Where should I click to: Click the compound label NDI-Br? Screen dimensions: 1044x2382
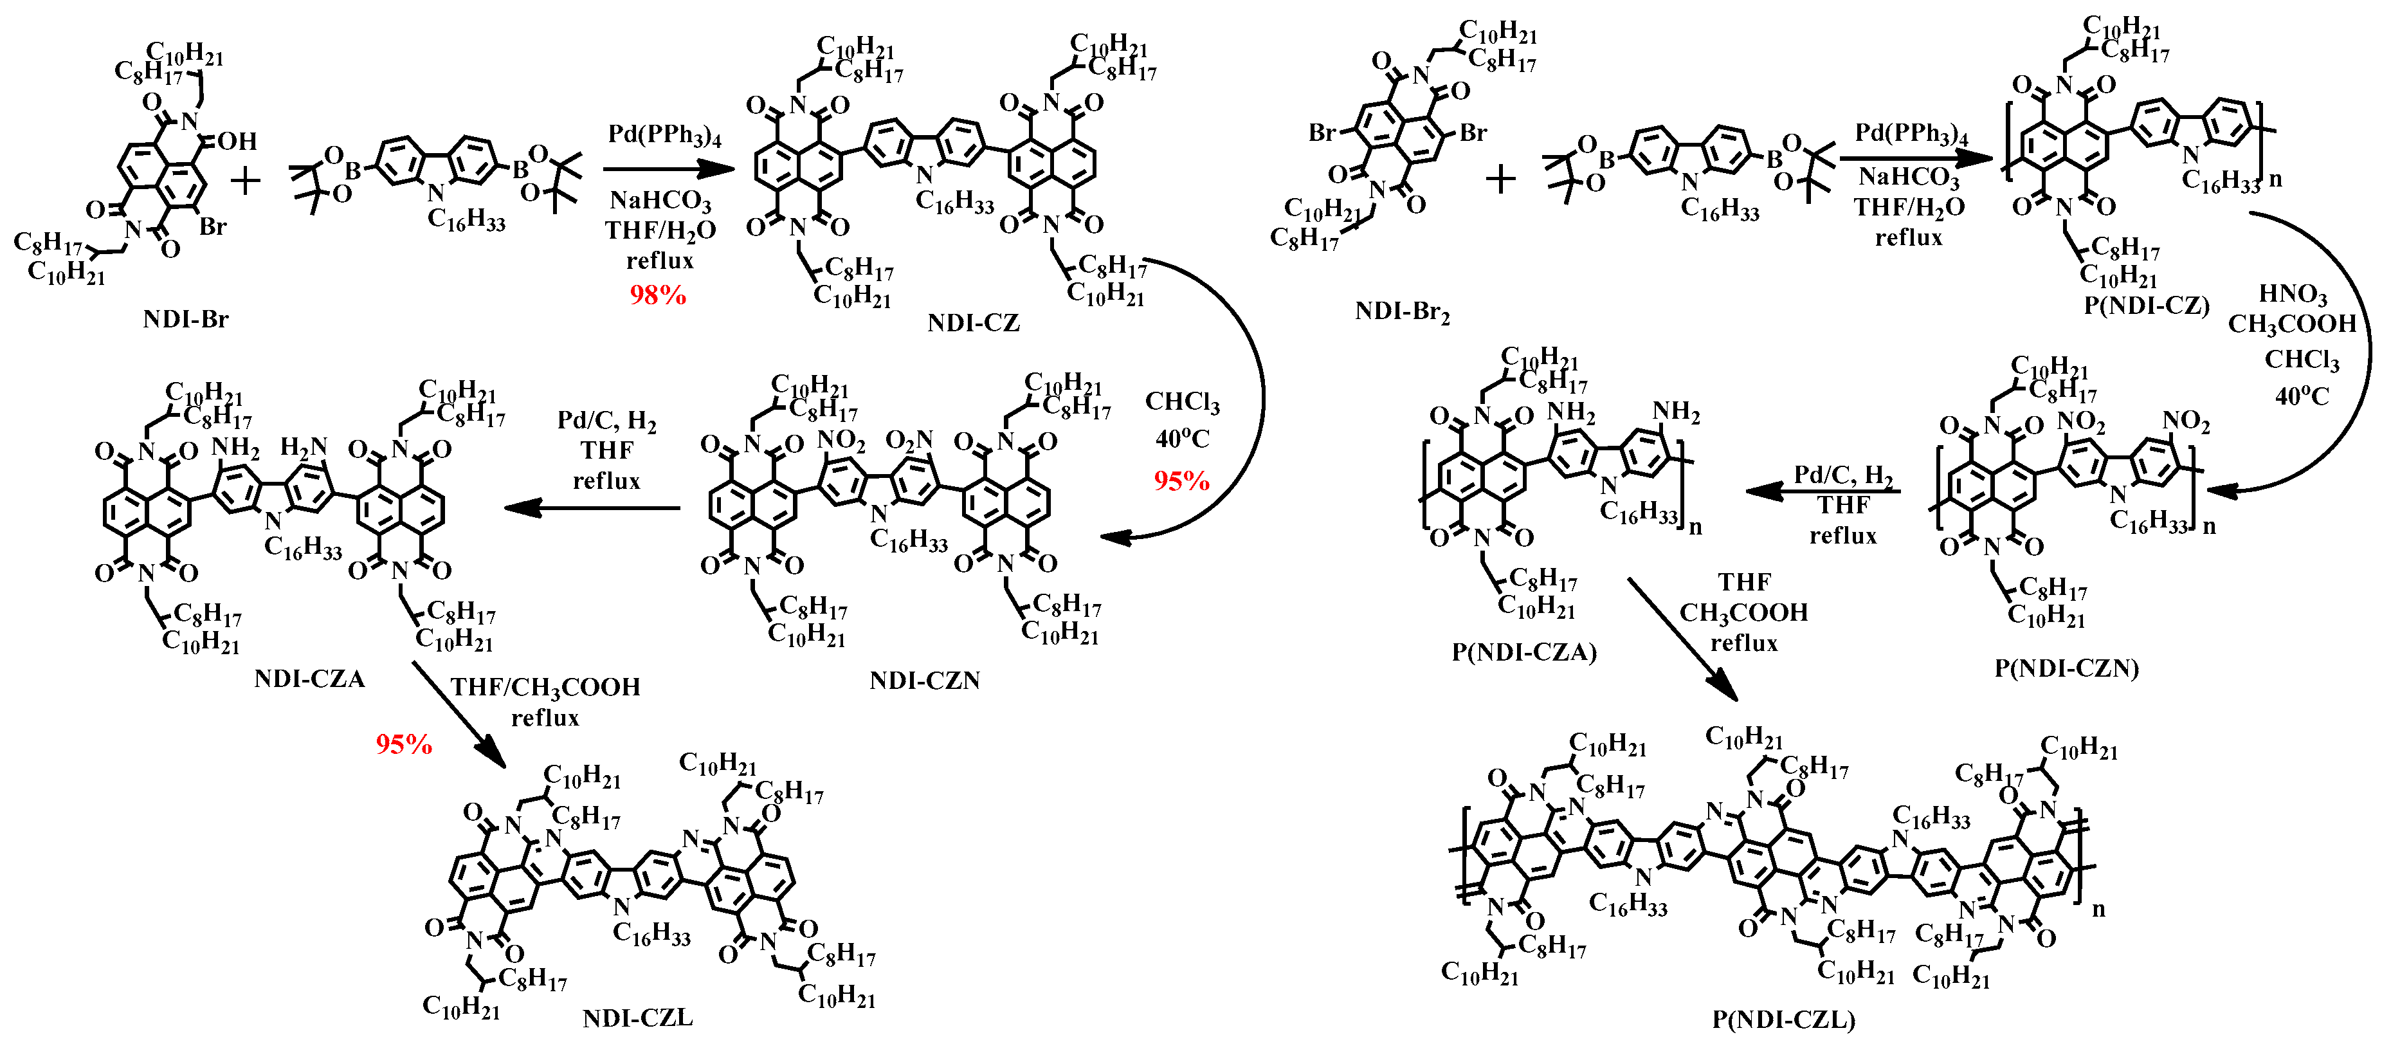pyautogui.click(x=185, y=320)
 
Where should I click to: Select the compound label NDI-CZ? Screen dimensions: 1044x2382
pyautogui.click(x=973, y=323)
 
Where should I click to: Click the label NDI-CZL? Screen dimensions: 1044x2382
pyautogui.click(x=637, y=1018)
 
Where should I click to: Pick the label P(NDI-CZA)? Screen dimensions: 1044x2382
pyautogui.click(x=1524, y=652)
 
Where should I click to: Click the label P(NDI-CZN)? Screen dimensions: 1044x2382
pyautogui.click(x=2066, y=668)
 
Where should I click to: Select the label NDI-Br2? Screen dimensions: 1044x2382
pyautogui.click(x=1402, y=311)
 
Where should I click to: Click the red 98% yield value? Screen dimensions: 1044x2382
pyautogui.click(x=657, y=295)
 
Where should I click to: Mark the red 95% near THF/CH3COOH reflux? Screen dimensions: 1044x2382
pyautogui.click(x=403, y=744)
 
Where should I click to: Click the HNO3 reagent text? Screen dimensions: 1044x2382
pyautogui.click(x=2293, y=294)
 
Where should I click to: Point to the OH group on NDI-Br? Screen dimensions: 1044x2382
pyautogui.click(x=238, y=142)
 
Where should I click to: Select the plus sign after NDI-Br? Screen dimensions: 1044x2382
pyautogui.click(x=245, y=180)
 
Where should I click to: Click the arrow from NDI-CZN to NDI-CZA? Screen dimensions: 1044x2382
pyautogui.click(x=592, y=508)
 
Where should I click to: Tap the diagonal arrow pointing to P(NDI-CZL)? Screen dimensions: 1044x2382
pyautogui.click(x=1682, y=639)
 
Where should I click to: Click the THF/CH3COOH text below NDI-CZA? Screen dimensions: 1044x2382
pyautogui.click(x=545, y=687)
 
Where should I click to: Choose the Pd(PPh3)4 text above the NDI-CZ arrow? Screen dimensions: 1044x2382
pyautogui.click(x=664, y=135)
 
